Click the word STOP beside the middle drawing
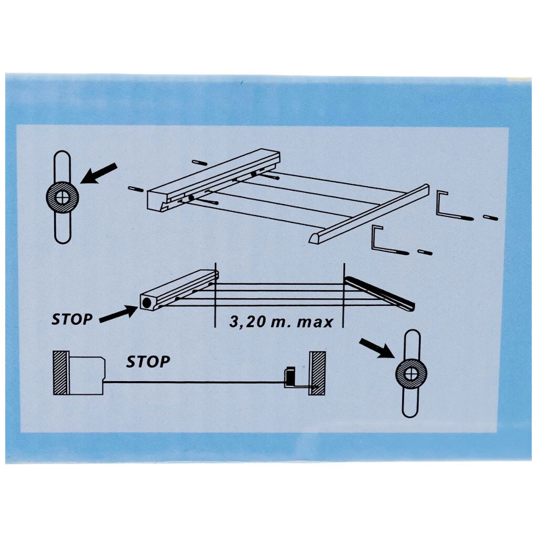[x=72, y=319]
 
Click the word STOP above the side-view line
[x=148, y=362]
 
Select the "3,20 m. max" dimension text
[x=281, y=321]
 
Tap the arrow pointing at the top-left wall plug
[x=99, y=173]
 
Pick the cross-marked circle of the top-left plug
[x=62, y=197]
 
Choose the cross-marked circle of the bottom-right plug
[x=411, y=373]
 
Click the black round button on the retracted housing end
[x=147, y=303]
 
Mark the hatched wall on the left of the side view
[x=61, y=373]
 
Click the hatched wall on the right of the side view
[x=317, y=373]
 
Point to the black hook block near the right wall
[x=289, y=377]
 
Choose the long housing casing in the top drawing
[x=214, y=179]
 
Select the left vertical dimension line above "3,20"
[x=214, y=295]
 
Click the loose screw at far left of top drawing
[x=136, y=189]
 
